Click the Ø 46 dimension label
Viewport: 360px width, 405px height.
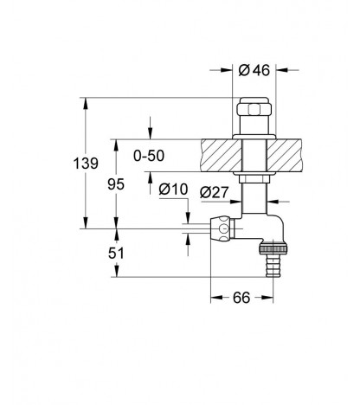tap(254, 70)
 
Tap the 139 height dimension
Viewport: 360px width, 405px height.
tap(86, 164)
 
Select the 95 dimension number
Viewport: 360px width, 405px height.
tap(116, 184)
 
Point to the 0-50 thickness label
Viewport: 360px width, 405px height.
tap(149, 156)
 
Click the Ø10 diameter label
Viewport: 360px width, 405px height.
tap(173, 190)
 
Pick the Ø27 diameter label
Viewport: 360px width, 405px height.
tap(215, 192)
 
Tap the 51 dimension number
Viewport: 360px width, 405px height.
tap(116, 254)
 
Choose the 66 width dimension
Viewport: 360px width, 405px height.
tap(241, 298)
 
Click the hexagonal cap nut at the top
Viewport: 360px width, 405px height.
tap(254, 109)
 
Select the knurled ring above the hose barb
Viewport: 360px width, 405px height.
tap(273, 248)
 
